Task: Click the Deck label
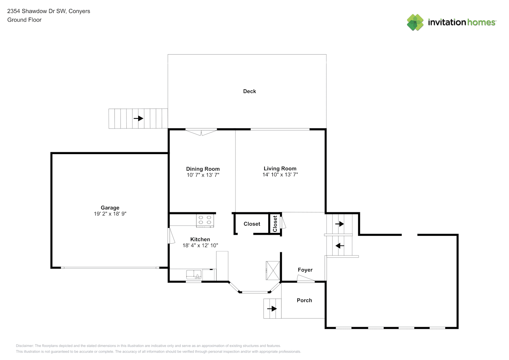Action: coord(249,91)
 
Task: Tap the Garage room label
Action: coord(110,208)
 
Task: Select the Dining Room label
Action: coord(203,169)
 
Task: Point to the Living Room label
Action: coord(280,168)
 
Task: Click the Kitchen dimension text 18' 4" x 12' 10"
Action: coord(200,245)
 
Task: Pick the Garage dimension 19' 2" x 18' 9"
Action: coord(110,213)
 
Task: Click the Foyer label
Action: coord(305,270)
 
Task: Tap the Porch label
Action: coord(304,300)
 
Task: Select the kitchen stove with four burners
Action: coord(205,220)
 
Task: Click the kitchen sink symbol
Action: coord(194,275)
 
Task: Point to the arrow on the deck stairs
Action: coord(138,118)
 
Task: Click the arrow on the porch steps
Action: coord(272,309)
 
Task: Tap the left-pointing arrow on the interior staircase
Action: coord(340,246)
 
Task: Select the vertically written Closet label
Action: coord(275,224)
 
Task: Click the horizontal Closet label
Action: coord(252,224)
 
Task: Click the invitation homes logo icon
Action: coord(415,22)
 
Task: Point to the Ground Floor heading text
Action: coord(24,20)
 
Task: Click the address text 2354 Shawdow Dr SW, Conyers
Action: coord(49,11)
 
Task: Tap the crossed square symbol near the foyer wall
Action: coord(273,270)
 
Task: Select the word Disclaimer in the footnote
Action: coord(24,346)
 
